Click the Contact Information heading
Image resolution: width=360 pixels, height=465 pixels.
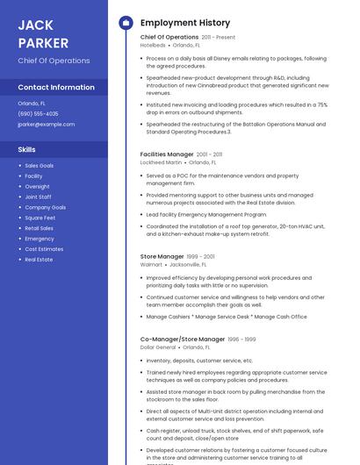coord(56,88)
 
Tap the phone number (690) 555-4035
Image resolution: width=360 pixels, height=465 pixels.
coord(38,113)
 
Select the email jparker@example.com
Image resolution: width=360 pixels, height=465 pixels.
coord(46,124)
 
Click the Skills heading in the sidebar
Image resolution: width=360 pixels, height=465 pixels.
coord(26,149)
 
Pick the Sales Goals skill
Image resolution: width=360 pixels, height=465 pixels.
coord(39,166)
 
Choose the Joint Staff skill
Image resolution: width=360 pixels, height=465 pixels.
coord(38,197)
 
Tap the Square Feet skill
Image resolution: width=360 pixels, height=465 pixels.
coord(40,218)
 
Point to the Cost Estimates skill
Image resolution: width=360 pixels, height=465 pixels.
coord(44,249)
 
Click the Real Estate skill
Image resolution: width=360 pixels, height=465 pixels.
coord(39,260)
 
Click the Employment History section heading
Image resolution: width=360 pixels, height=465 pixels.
coord(185,23)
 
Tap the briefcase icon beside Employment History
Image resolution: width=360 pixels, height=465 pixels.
coord(126,23)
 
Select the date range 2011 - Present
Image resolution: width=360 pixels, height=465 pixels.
coord(219,38)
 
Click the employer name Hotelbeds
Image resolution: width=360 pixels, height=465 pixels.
coord(153,46)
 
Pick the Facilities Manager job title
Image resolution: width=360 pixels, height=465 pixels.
coord(167,154)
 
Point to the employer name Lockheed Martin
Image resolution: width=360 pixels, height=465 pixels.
coord(162,162)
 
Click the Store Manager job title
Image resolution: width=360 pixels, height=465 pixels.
coord(162,256)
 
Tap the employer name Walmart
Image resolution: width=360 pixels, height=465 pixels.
coord(151,264)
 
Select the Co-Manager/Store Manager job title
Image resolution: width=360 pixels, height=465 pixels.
coord(183,340)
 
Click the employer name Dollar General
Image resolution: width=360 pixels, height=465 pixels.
coord(158,347)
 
